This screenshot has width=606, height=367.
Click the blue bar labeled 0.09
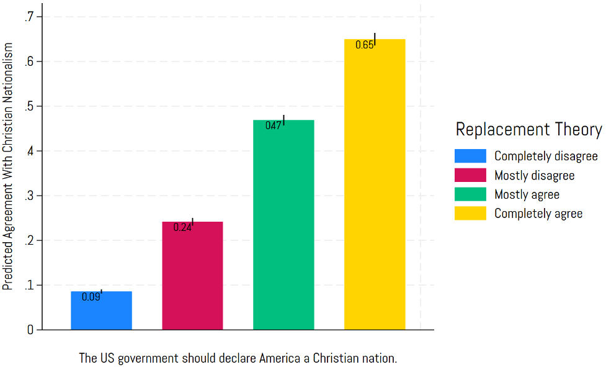[x=101, y=310]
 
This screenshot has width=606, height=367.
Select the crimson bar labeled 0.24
[x=192, y=276]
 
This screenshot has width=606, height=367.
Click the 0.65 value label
[x=364, y=45]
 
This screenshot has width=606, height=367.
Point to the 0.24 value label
[x=182, y=227]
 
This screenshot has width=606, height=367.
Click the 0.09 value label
[x=91, y=297]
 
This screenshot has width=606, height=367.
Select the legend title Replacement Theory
[x=528, y=129]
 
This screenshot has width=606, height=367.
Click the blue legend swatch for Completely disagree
[x=470, y=156]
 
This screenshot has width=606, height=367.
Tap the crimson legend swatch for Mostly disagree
[x=470, y=175]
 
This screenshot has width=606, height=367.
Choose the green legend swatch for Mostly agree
[x=470, y=194]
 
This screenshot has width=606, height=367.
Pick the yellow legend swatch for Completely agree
[x=470, y=214]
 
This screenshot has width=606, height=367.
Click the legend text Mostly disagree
[x=534, y=176]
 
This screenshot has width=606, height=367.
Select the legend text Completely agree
[x=538, y=214]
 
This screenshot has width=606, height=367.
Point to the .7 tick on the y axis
[x=29, y=17]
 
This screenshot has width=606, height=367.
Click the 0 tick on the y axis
[x=30, y=330]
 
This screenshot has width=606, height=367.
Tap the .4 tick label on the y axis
[x=29, y=151]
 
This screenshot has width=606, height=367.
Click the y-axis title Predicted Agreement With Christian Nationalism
[x=7, y=167]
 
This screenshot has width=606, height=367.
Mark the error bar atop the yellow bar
[x=375, y=39]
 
